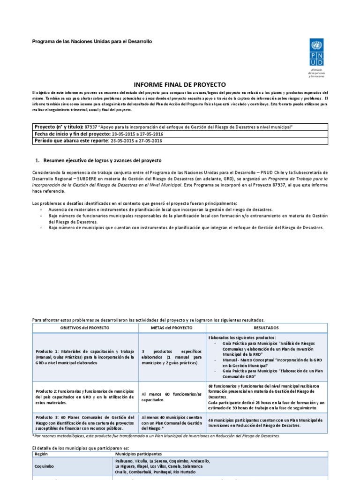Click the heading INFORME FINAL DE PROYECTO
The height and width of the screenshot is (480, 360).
coord(180,84)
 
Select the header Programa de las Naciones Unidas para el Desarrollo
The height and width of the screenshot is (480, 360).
coord(92,42)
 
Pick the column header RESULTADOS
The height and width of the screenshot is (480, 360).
coord(266,328)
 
